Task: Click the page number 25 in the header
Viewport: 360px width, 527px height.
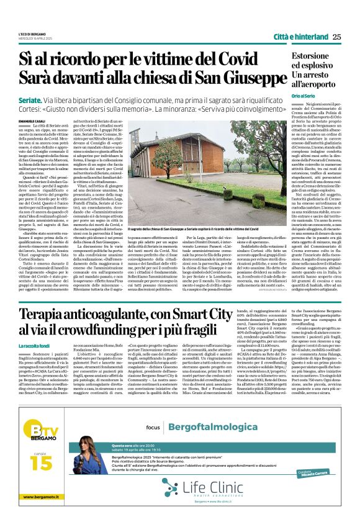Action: click(336, 37)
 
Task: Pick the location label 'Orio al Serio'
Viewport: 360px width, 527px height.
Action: click(287, 96)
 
